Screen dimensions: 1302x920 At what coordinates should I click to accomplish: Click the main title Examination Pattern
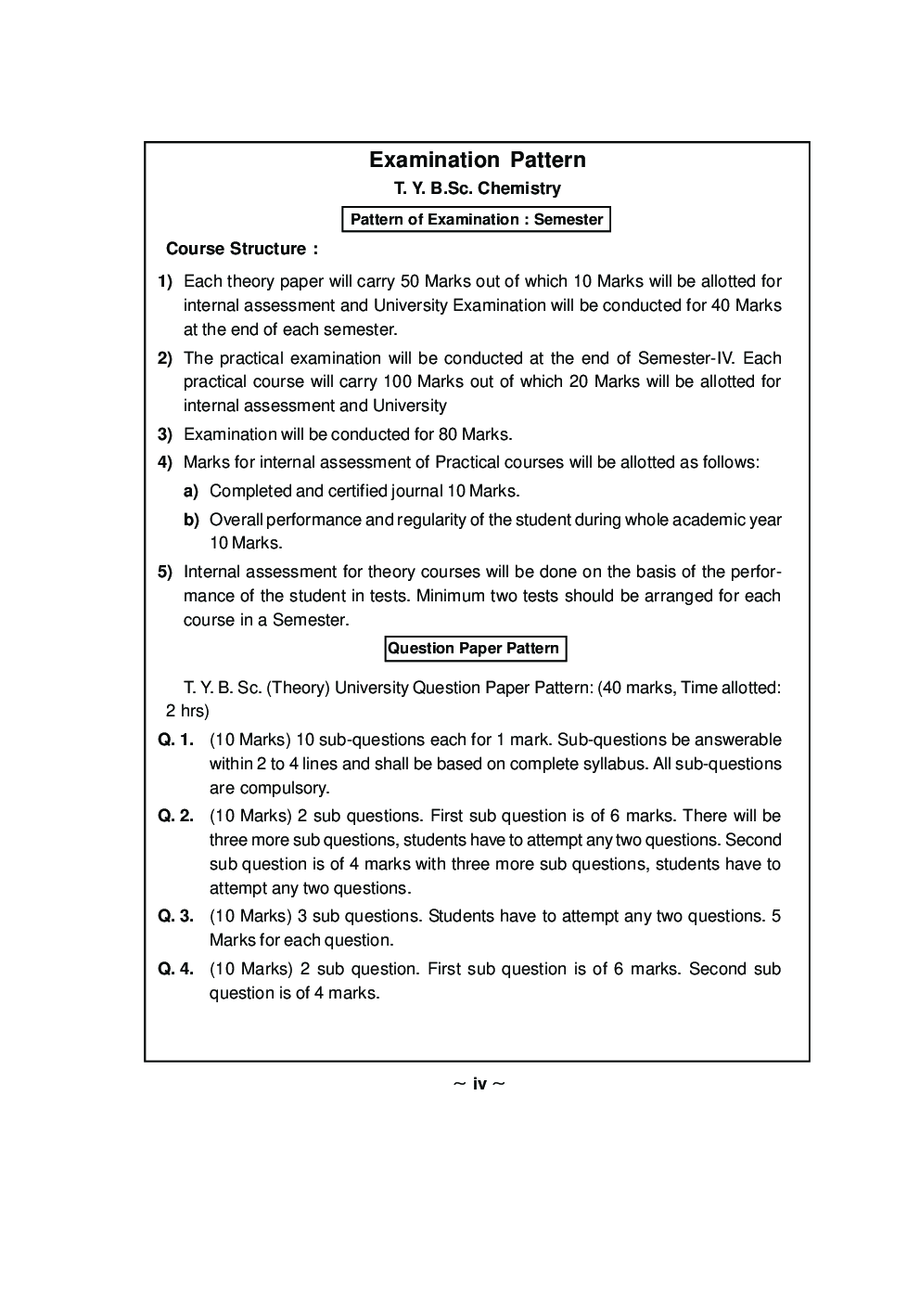click(477, 160)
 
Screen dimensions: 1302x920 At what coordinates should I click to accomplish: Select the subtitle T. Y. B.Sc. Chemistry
click(477, 188)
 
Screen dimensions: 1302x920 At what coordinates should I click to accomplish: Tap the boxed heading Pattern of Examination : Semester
click(477, 220)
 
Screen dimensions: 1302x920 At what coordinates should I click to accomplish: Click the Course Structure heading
click(241, 249)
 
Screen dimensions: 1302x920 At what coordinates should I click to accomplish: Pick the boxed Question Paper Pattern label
click(474, 649)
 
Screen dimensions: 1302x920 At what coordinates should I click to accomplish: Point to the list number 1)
click(165, 281)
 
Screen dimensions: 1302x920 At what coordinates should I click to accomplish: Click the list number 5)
click(165, 573)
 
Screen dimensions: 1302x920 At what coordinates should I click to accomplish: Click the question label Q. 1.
click(175, 741)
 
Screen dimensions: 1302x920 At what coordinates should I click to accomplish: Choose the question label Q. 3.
click(175, 917)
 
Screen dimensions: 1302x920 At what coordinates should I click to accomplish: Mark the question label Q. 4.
click(175, 970)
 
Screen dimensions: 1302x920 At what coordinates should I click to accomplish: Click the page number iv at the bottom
click(479, 1084)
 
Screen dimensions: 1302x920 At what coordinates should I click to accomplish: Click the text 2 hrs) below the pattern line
click(187, 712)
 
